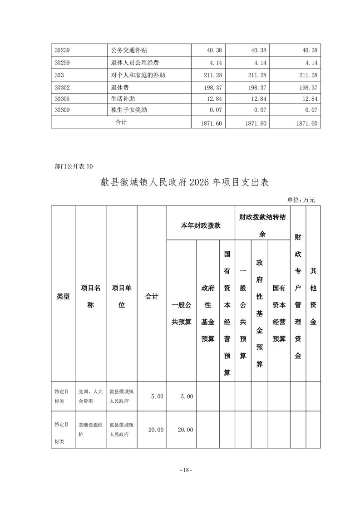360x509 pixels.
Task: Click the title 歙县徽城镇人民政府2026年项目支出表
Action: pyautogui.click(x=184, y=183)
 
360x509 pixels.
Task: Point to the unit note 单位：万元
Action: pyautogui.click(x=301, y=200)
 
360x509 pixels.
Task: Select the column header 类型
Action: pyautogui.click(x=63, y=296)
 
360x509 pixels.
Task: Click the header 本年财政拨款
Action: pyautogui.click(x=201, y=225)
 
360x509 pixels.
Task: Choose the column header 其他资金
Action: pyautogui.click(x=313, y=296)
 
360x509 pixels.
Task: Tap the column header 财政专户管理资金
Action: pyautogui.click(x=298, y=296)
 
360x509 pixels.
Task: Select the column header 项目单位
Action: pyautogui.click(x=122, y=296)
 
